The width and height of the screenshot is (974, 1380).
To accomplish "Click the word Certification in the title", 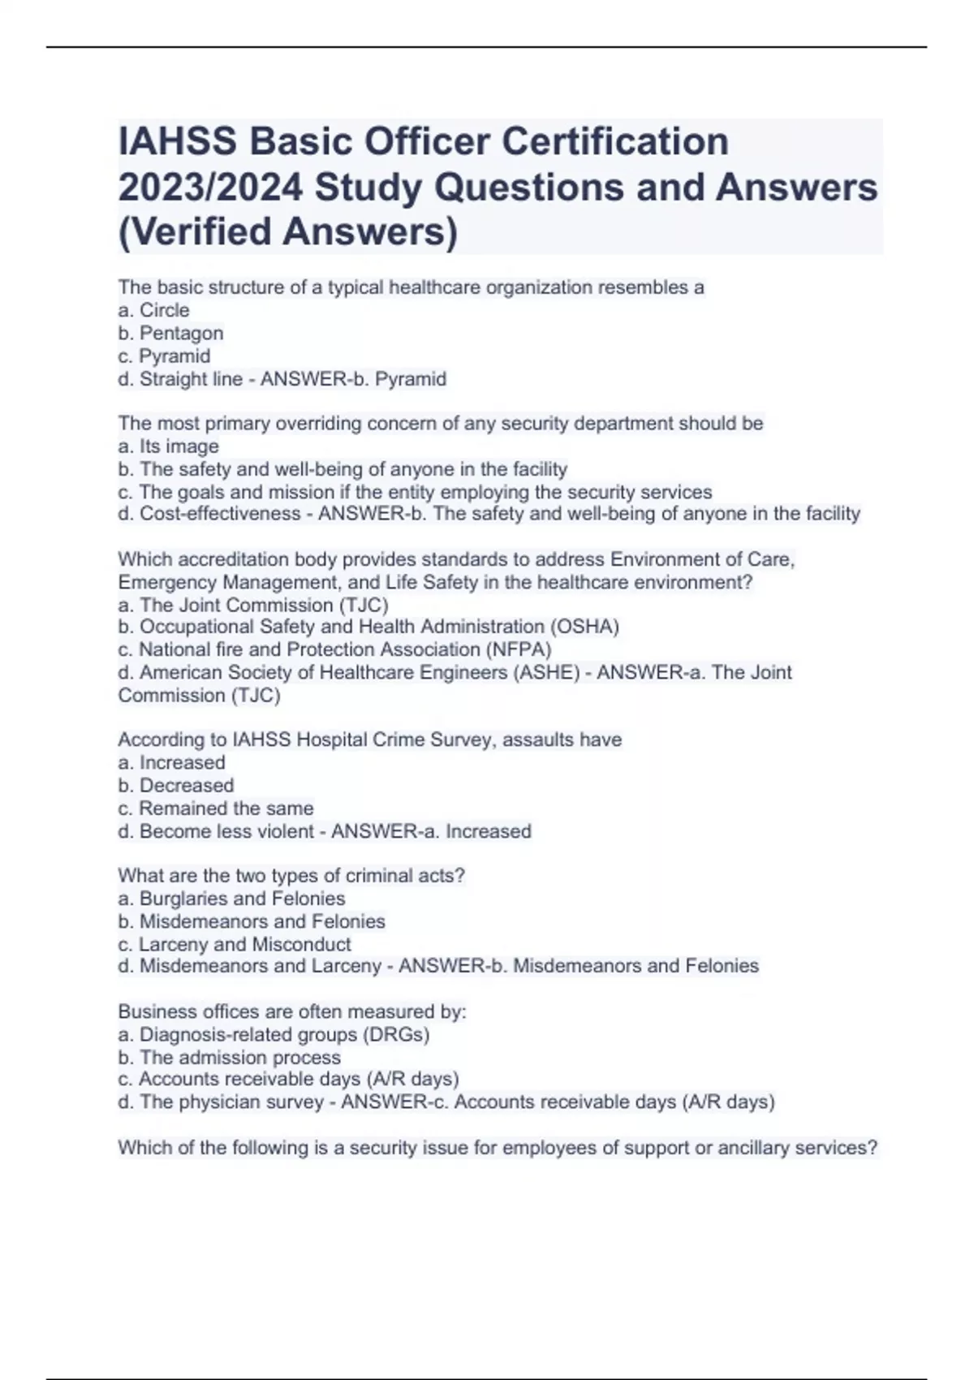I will pyautogui.click(x=614, y=141).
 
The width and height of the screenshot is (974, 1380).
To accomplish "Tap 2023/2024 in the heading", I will pyautogui.click(x=211, y=187).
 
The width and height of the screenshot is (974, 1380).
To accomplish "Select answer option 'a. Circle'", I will pyautogui.click(x=153, y=310).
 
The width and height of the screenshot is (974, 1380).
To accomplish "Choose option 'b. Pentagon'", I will pyautogui.click(x=170, y=333).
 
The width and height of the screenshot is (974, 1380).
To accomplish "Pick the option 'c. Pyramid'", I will pyautogui.click(x=164, y=356).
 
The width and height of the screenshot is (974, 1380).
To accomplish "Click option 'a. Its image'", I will pyautogui.click(x=168, y=446).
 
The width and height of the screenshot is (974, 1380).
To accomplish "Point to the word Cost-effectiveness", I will pyautogui.click(x=219, y=514).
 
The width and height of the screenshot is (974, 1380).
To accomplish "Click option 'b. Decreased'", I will pyautogui.click(x=175, y=785).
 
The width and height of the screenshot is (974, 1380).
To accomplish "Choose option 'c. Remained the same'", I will pyautogui.click(x=215, y=808).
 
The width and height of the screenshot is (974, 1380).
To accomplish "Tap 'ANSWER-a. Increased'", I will pyautogui.click(x=431, y=831).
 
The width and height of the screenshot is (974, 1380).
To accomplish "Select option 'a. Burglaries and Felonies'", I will pyautogui.click(x=231, y=899).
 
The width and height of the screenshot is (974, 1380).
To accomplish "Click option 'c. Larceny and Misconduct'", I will pyautogui.click(x=234, y=944).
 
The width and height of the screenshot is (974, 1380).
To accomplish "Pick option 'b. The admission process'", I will pyautogui.click(x=229, y=1057).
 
